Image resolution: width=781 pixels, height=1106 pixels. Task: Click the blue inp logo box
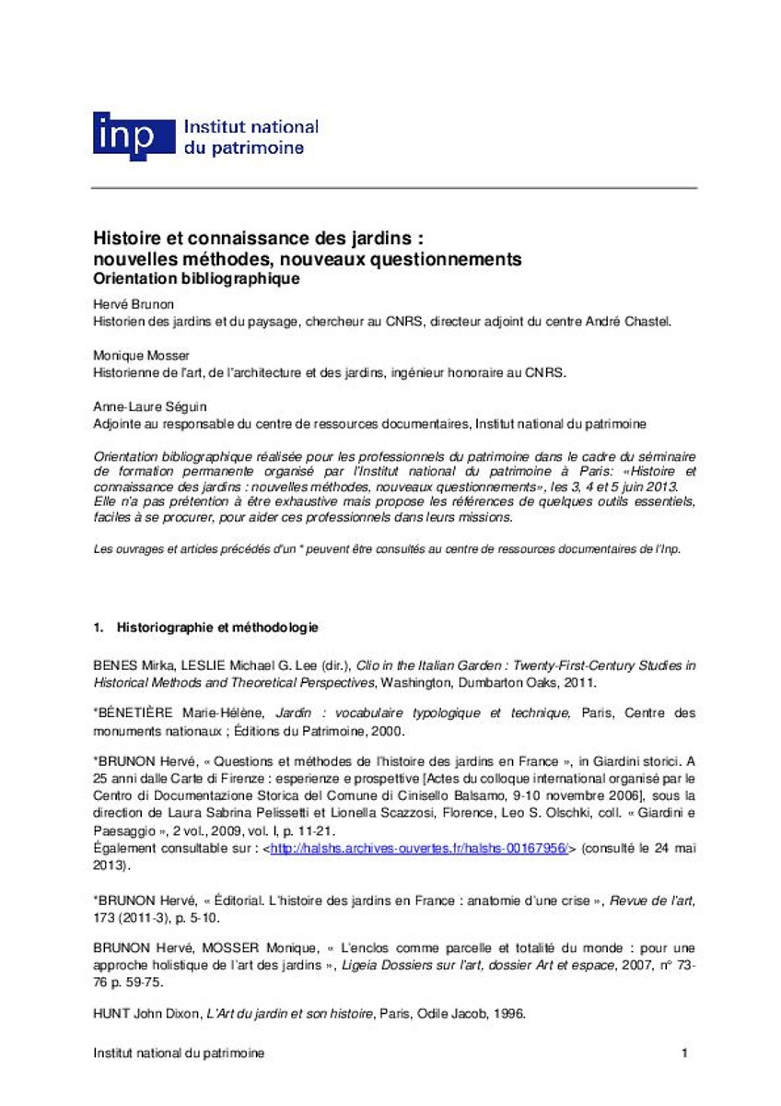pyautogui.click(x=133, y=135)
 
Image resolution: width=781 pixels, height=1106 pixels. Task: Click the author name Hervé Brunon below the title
pyautogui.click(x=132, y=305)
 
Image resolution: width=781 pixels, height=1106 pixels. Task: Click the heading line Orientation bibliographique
pyautogui.click(x=198, y=277)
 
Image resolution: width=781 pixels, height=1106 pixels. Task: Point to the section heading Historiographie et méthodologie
pyautogui.click(x=216, y=628)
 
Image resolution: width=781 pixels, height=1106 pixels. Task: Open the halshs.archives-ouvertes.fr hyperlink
pyautogui.click(x=421, y=849)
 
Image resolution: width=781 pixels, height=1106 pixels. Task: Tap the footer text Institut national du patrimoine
pyautogui.click(x=179, y=1053)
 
